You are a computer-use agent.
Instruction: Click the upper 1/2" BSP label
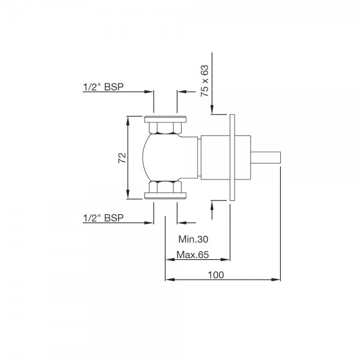(x=103, y=87)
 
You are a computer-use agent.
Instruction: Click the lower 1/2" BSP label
(x=103, y=218)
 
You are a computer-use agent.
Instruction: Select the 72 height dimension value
(x=122, y=158)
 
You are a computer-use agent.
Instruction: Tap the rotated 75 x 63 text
(x=205, y=80)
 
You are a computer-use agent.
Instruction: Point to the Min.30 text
(x=193, y=239)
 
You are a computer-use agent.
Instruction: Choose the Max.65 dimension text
(x=193, y=254)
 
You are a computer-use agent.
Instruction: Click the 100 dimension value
(x=216, y=275)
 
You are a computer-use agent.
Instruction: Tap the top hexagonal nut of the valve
(x=166, y=128)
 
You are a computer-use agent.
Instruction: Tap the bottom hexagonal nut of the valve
(x=166, y=187)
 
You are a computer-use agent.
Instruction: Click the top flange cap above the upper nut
(x=166, y=119)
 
